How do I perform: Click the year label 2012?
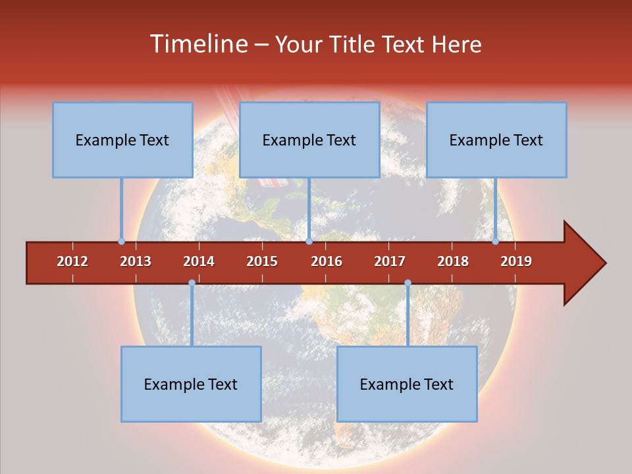tap(72, 261)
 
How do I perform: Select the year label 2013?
tap(136, 261)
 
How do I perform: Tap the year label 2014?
tap(199, 261)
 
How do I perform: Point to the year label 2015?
tap(262, 261)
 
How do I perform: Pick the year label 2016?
tap(327, 261)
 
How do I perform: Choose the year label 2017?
tap(390, 261)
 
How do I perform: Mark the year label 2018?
tap(453, 261)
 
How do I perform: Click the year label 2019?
tap(516, 261)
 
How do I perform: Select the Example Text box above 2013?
tap(122, 140)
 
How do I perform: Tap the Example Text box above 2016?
tap(309, 140)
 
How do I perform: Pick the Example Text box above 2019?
tap(496, 140)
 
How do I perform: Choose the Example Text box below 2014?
tap(191, 384)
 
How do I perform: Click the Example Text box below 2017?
tap(407, 384)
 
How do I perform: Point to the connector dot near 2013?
tap(121, 242)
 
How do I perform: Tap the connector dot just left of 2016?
tap(309, 242)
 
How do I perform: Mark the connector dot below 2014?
tap(192, 283)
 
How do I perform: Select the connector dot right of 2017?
tap(408, 283)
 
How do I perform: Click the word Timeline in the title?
tap(197, 44)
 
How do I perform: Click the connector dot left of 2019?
tap(495, 242)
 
